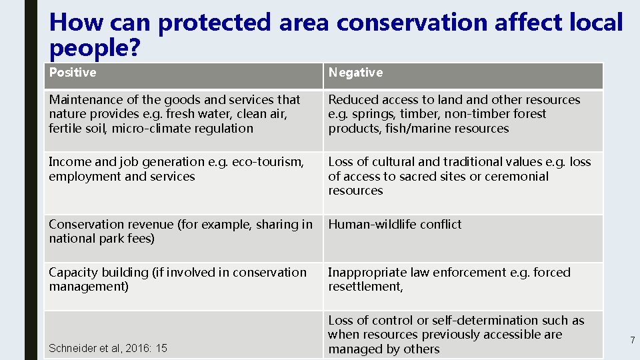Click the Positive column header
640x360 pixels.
tap(72, 73)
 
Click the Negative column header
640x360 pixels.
tap(355, 73)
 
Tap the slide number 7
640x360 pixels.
tap(632, 341)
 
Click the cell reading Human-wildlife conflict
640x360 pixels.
tap(395, 225)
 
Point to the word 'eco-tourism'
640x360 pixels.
tap(269, 162)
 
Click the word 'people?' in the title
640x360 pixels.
tap(94, 48)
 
